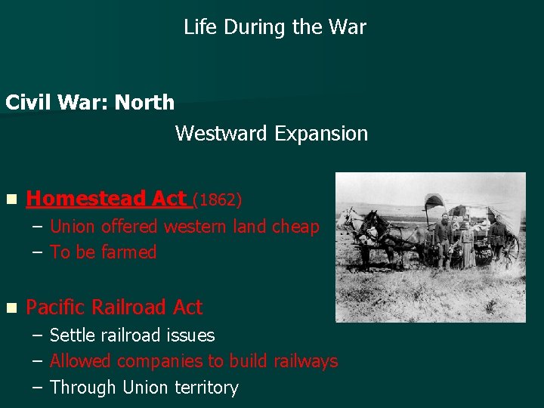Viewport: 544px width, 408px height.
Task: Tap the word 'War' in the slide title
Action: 348,27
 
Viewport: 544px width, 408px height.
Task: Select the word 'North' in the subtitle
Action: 144,103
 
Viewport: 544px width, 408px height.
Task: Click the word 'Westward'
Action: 221,134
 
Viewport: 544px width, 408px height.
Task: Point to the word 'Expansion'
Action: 321,134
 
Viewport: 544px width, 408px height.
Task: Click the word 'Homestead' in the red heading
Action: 86,199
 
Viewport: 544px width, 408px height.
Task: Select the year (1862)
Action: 218,199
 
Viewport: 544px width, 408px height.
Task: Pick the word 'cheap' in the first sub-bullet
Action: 295,227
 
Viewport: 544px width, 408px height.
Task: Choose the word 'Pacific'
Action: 57,308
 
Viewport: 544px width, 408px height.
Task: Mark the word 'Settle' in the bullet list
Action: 73,335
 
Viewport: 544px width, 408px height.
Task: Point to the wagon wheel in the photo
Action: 511,249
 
